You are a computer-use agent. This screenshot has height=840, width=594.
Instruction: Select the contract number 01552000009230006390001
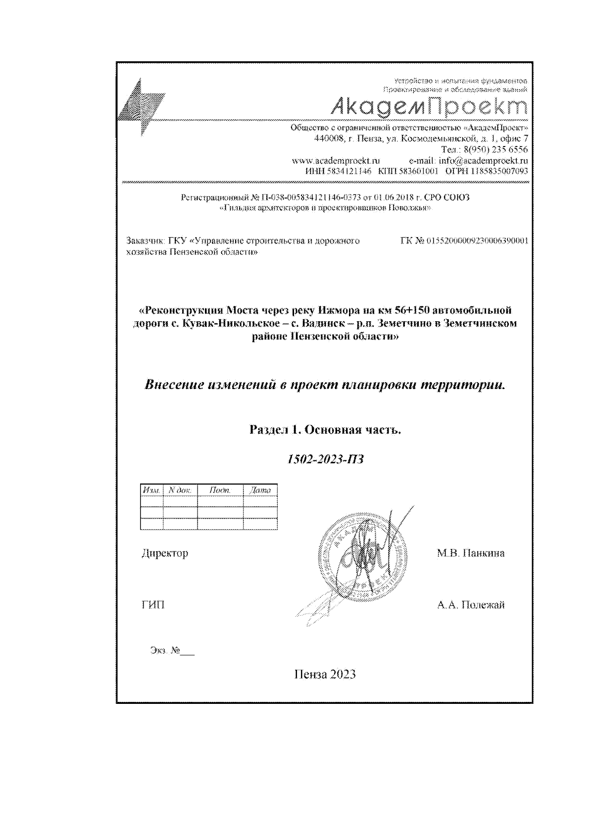tap(477, 241)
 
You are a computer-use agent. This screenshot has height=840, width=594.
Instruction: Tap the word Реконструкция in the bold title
tap(180, 310)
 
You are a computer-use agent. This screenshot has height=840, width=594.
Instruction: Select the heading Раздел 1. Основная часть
tap(325, 430)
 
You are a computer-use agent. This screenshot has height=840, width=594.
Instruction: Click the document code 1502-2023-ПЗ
tap(326, 459)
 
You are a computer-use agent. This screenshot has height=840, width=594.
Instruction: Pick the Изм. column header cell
tap(151, 490)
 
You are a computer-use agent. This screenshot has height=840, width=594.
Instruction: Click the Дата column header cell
tap(260, 490)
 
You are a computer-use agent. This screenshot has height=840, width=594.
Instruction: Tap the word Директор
tap(165, 553)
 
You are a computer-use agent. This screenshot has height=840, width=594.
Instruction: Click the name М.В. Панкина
tap(470, 553)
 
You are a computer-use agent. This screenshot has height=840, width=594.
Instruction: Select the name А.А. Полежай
tap(471, 605)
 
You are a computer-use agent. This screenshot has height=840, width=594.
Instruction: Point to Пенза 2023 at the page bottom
tap(325, 674)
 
